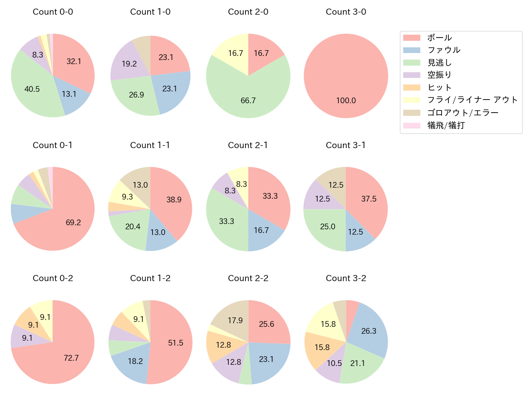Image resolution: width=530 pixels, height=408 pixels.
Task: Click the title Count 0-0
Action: (x=53, y=12)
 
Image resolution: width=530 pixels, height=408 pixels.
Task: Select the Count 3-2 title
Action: (x=346, y=278)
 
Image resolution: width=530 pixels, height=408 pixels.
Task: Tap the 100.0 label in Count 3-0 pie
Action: (x=346, y=100)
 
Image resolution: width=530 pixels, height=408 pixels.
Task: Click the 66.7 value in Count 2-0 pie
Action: (x=248, y=100)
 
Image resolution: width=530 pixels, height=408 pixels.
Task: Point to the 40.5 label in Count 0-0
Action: (x=32, y=89)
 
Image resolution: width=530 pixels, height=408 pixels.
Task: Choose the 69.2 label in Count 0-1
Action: (x=73, y=222)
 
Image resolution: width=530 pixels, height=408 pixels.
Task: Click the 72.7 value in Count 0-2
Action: (x=71, y=358)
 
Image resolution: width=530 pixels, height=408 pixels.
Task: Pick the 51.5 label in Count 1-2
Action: (x=176, y=343)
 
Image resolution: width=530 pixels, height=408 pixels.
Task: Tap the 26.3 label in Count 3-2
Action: (x=369, y=331)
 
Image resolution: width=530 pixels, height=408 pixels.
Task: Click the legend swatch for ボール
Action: (x=411, y=38)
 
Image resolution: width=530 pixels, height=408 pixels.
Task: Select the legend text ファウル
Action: (x=444, y=50)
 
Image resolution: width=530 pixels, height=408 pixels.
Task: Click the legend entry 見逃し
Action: (x=439, y=63)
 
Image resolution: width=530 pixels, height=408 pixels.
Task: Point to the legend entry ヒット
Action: (x=439, y=88)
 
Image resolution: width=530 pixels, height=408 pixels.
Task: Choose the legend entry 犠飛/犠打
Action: (x=446, y=125)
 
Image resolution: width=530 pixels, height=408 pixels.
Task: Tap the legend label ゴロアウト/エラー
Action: (x=463, y=113)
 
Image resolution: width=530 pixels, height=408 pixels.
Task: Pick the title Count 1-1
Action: (x=150, y=145)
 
